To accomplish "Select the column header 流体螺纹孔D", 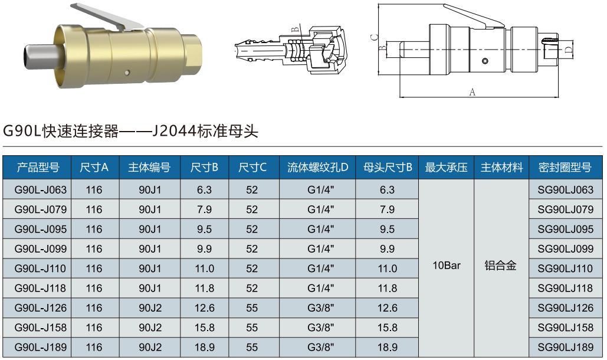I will tap(317, 168).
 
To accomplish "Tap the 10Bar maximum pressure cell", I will tap(446, 266).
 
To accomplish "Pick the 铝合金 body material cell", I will tap(500, 266).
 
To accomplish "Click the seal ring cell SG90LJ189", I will tap(565, 347).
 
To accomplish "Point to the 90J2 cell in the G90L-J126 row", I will tap(150, 308).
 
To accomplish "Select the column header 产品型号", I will tap(38, 168).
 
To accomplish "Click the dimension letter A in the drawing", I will tap(472, 91).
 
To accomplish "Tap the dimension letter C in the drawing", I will tap(374, 37).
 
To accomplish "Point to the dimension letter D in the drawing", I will tap(568, 51).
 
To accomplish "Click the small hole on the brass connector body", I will tap(126, 73).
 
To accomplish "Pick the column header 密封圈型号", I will tap(565, 168).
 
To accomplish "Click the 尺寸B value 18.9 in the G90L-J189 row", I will tap(204, 347).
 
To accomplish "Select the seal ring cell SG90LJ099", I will tap(565, 249).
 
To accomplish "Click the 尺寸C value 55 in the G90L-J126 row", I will tap(252, 308).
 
